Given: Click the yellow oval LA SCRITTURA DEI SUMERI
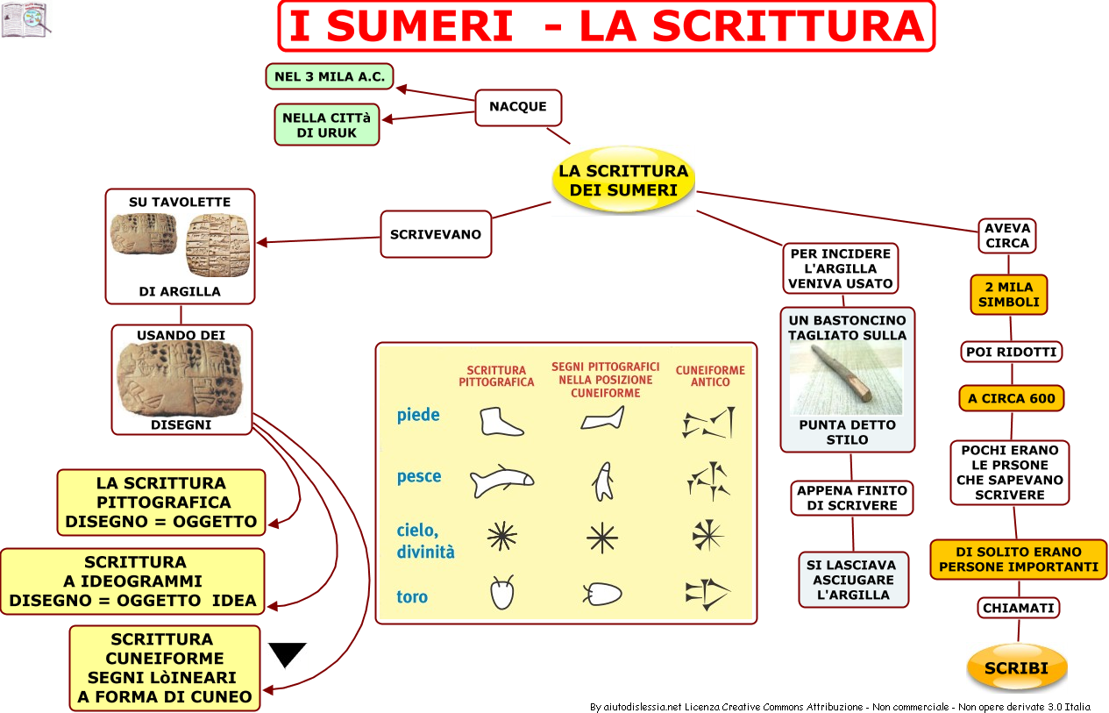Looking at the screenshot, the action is (x=623, y=181).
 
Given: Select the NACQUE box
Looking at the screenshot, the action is (x=518, y=107).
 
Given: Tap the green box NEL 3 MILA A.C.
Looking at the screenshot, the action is (x=330, y=77).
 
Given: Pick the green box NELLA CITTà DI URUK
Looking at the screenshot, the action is (x=327, y=125).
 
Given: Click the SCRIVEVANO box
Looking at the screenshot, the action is (x=436, y=234).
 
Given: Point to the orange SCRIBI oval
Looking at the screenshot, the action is (x=1017, y=668).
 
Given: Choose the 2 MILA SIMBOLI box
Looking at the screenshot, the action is (x=1009, y=295).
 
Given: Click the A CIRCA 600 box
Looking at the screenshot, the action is (x=1012, y=398).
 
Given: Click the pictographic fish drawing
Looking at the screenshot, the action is (x=501, y=481).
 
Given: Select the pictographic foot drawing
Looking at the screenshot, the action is (x=501, y=421).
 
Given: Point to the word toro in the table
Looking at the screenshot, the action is (x=412, y=596).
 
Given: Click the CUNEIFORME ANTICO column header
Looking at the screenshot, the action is (x=710, y=376).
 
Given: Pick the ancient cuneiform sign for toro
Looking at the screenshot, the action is (x=707, y=593).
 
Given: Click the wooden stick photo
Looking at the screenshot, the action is (x=846, y=378).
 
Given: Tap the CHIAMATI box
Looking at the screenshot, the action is (x=1019, y=608).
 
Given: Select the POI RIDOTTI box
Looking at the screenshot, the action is (x=1012, y=352).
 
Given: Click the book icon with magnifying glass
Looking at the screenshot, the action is (x=25, y=19).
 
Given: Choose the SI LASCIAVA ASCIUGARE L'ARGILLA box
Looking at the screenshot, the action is (x=854, y=580).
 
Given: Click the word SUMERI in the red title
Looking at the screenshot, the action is (x=420, y=25).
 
